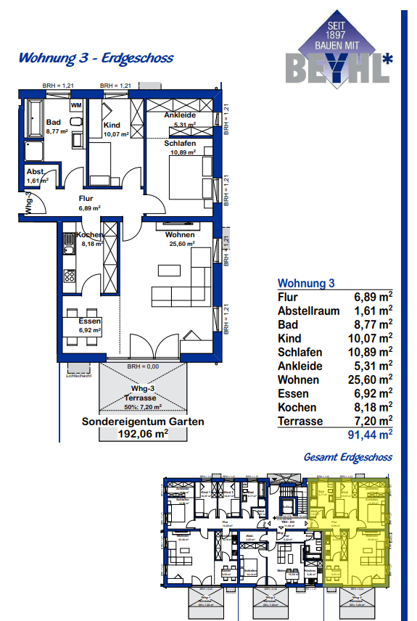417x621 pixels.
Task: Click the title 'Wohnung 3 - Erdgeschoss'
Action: tap(96, 58)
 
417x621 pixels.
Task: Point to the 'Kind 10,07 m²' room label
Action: tap(115, 129)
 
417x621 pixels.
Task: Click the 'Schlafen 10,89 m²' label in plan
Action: tap(179, 148)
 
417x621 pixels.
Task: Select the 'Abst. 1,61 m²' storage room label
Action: tap(36, 176)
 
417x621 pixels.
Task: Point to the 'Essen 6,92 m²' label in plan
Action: tap(90, 326)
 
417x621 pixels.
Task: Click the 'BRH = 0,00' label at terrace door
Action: tap(142, 367)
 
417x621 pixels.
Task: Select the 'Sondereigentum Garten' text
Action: tap(143, 421)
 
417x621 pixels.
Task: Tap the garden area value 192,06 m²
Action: tap(143, 434)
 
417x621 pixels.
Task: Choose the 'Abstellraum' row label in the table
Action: tap(309, 310)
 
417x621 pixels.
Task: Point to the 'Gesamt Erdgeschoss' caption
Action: tap(349, 457)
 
